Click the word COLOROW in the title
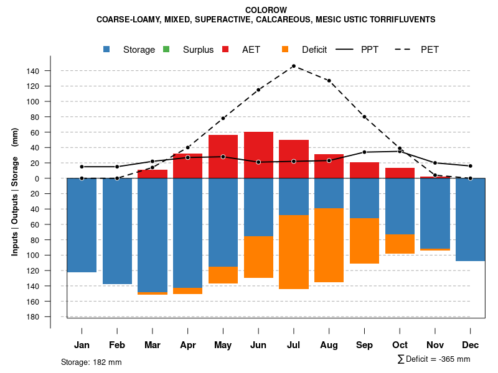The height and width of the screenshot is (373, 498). click(266, 11)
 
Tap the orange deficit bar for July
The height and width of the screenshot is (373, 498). click(294, 252)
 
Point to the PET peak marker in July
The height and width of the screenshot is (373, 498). click(293, 66)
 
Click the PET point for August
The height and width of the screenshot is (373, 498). click(329, 81)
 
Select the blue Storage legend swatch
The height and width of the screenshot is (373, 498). click(107, 50)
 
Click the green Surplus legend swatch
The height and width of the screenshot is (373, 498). click(166, 50)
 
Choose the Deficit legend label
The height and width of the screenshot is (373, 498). click(314, 50)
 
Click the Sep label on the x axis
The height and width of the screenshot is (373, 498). click(365, 345)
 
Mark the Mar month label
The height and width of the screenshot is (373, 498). click(153, 345)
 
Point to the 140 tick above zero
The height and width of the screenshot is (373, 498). click(33, 71)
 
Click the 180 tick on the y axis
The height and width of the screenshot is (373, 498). click(33, 317)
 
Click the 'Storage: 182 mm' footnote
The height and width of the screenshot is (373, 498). click(92, 362)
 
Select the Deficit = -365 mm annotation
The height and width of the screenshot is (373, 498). click(434, 359)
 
